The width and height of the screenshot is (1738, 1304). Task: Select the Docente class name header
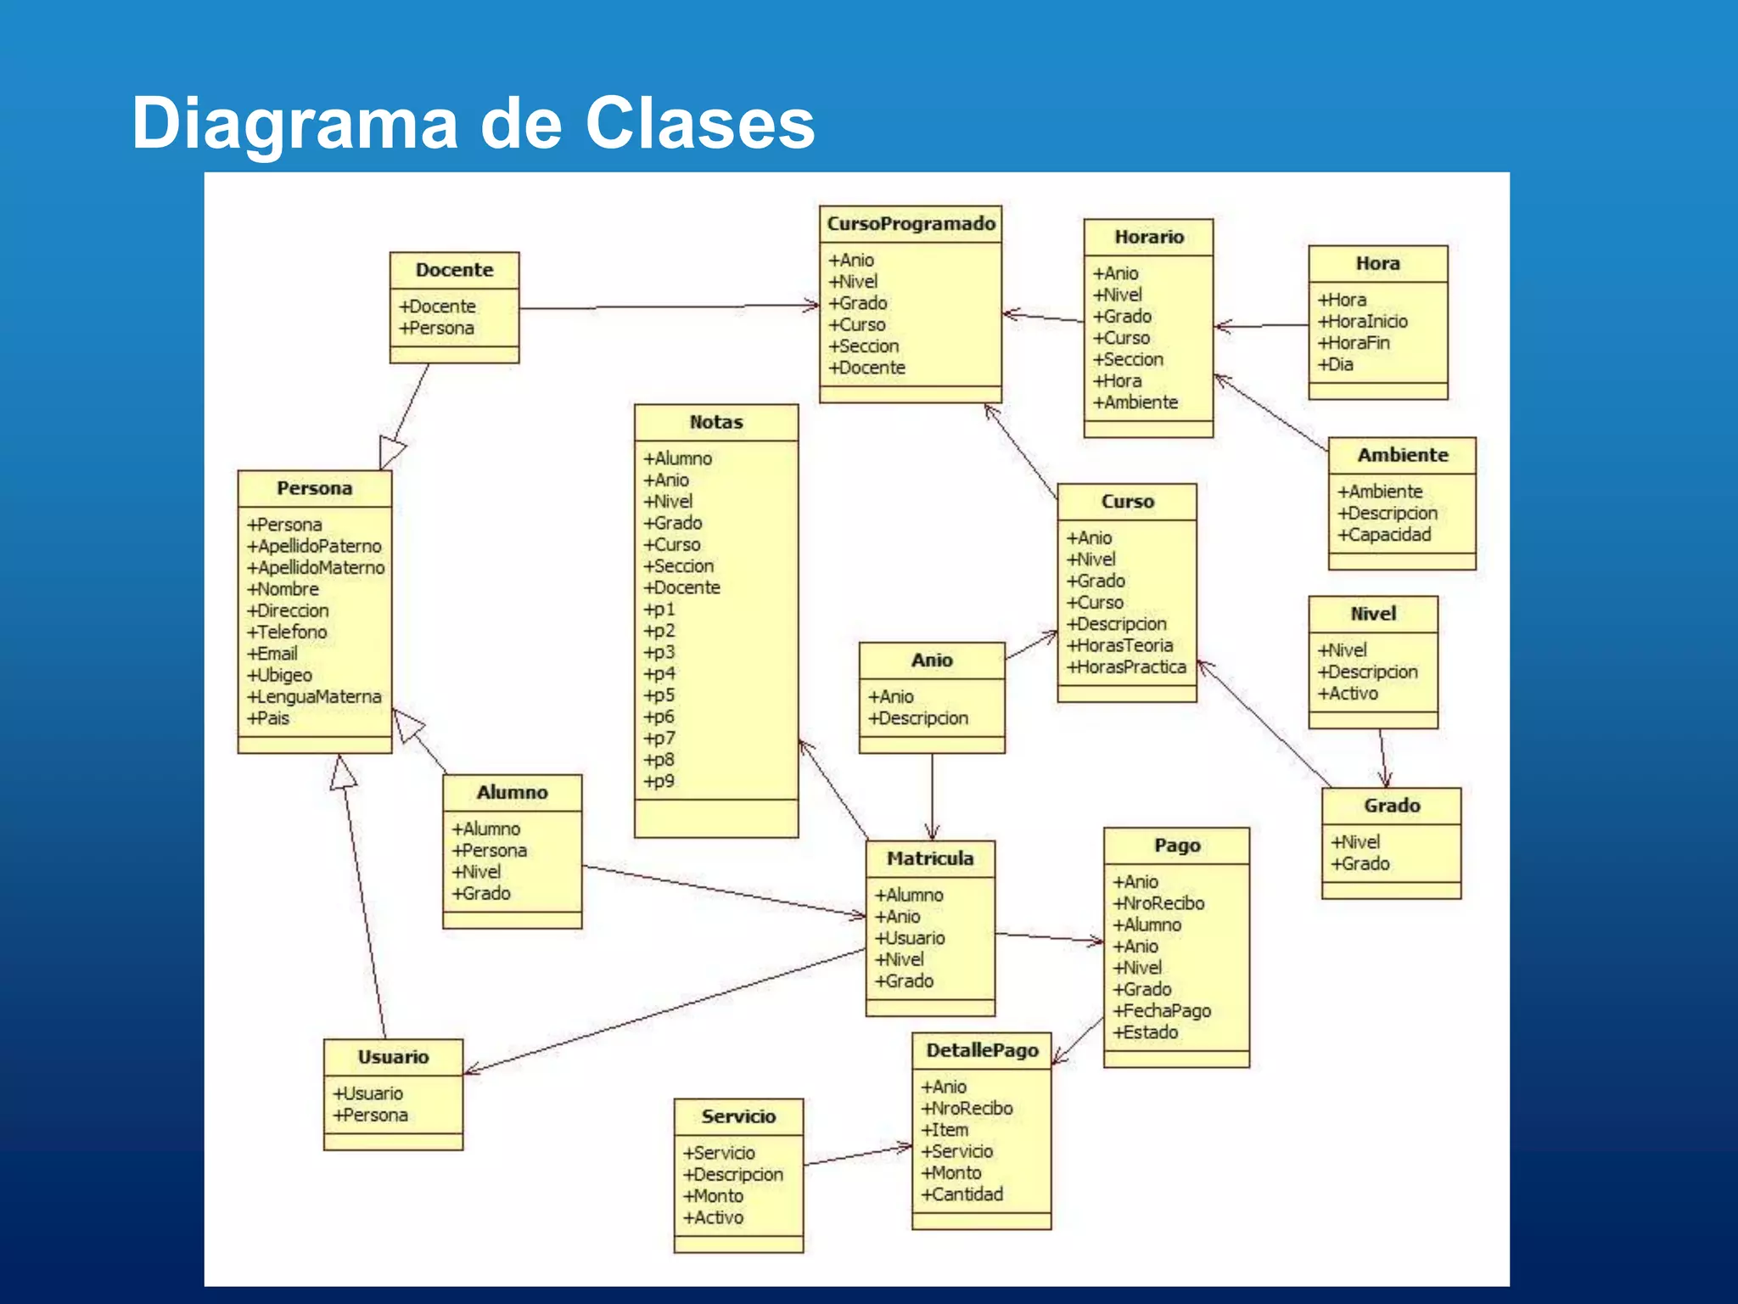(x=454, y=270)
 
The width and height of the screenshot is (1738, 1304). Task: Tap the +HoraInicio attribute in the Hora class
(x=1362, y=322)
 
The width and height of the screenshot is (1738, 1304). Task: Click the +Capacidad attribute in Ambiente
(x=1384, y=535)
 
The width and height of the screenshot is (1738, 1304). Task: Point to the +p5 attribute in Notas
(x=659, y=695)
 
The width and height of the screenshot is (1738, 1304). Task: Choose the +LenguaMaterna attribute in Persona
(x=314, y=697)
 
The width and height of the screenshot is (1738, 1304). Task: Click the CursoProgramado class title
(x=911, y=224)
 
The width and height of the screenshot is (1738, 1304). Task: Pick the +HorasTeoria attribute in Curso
(x=1120, y=646)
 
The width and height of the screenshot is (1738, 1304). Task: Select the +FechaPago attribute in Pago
(x=1162, y=1011)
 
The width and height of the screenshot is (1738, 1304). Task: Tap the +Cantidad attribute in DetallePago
(x=962, y=1194)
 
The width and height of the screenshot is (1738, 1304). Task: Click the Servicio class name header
(x=738, y=1117)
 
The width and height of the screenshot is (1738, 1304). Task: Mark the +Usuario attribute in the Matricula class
(x=910, y=938)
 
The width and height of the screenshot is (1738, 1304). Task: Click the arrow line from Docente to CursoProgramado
(x=662, y=306)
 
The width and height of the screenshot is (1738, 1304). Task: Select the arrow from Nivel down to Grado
(x=1383, y=757)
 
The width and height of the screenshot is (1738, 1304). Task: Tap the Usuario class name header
(x=393, y=1058)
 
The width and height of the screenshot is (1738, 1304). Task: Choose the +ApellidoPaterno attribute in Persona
(x=314, y=546)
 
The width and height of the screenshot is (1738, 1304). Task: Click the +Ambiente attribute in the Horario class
(x=1135, y=402)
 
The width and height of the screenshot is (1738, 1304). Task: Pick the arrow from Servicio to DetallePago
(x=857, y=1155)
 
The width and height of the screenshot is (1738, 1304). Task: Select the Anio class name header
(x=932, y=660)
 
